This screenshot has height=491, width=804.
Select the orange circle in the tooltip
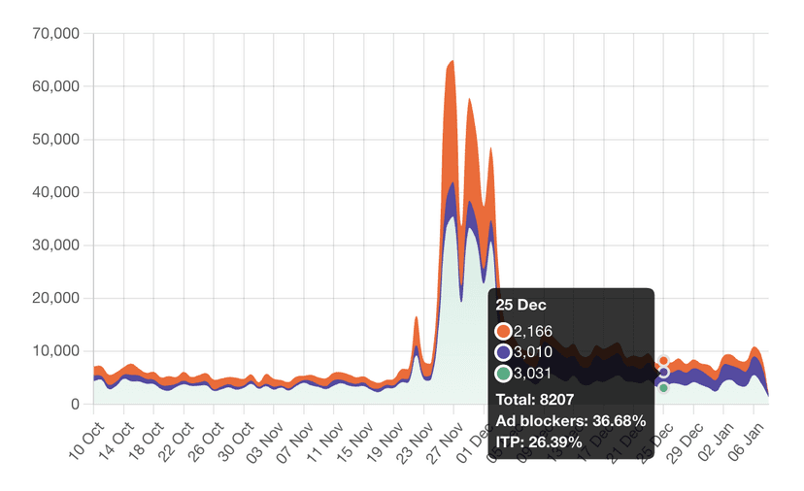(503, 332)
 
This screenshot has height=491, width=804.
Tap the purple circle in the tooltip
(503, 352)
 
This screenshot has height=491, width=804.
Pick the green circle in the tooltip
(503, 374)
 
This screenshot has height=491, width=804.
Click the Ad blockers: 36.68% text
(570, 420)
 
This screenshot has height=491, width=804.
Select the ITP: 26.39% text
(539, 442)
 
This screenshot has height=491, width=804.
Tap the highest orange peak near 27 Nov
(452, 62)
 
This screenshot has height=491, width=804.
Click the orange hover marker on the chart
(663, 361)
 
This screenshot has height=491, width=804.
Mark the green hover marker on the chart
(663, 387)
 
